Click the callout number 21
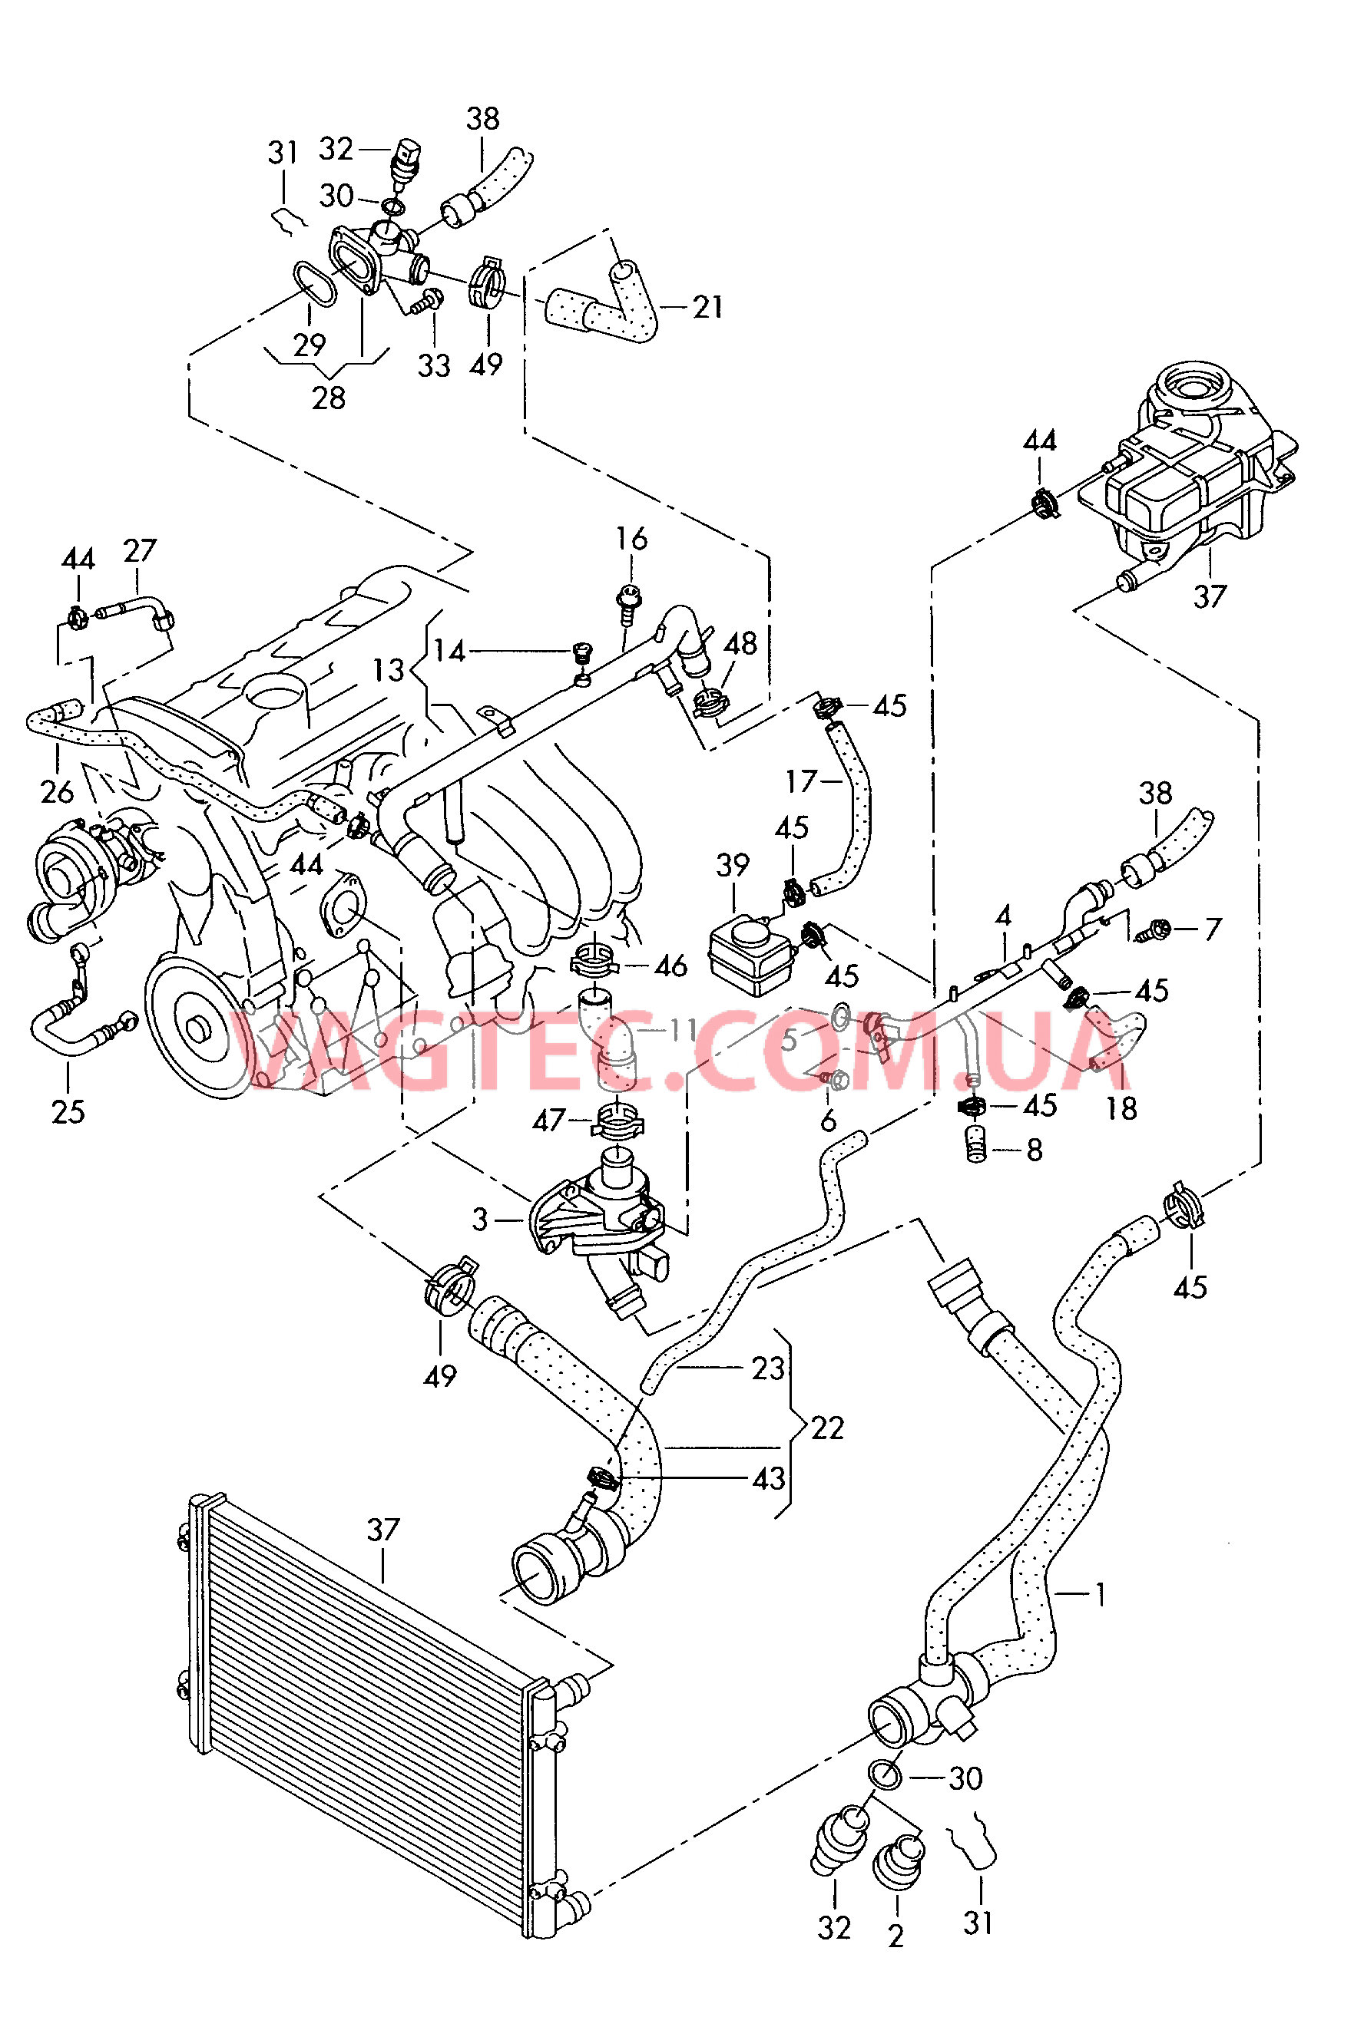click(707, 306)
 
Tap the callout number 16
click(631, 539)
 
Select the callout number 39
click(732, 864)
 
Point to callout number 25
click(68, 1112)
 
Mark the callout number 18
click(1120, 1108)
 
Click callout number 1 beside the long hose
click(1099, 1593)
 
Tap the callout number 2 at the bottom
click(896, 1936)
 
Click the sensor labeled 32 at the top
click(408, 160)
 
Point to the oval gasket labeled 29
click(313, 284)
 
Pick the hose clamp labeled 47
click(616, 1122)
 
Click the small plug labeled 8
click(976, 1147)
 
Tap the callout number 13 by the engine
click(388, 670)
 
